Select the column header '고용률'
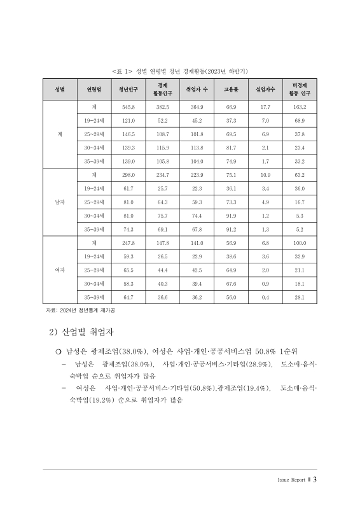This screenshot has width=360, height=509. [231, 90]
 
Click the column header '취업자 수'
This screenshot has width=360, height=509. [197, 90]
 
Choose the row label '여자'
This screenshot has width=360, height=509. [59, 270]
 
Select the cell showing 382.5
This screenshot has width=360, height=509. [162, 107]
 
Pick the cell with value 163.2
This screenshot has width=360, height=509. [300, 107]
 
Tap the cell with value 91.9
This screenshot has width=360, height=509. [231, 215]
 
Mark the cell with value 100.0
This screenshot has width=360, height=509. [300, 243]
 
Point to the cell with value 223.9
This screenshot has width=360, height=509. [197, 174]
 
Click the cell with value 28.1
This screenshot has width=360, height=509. [300, 297]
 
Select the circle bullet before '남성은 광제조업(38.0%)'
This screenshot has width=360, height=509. [59, 351]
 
